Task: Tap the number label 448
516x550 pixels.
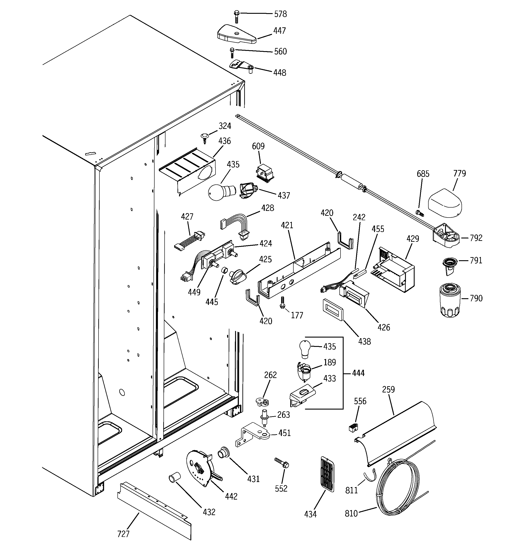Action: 280,73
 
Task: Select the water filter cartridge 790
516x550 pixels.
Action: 449,300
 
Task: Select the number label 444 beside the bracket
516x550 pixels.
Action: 358,373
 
